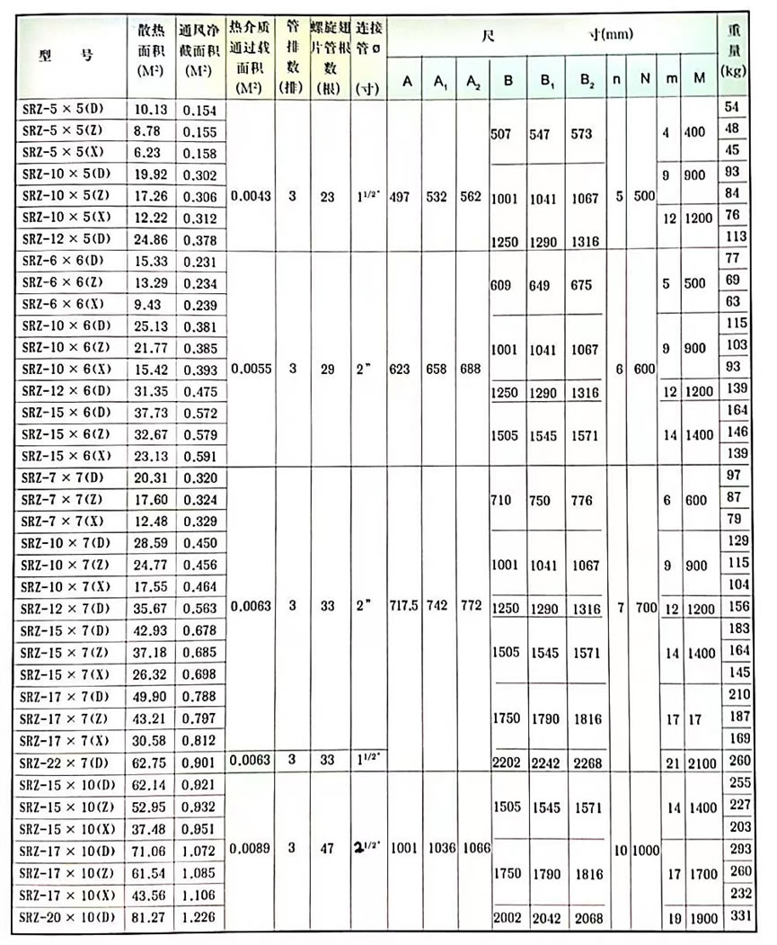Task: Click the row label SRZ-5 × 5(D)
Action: (62, 109)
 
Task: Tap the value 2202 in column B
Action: (508, 762)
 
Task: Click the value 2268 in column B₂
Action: (586, 762)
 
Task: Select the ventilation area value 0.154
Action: (199, 109)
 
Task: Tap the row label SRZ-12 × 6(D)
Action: (64, 391)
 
